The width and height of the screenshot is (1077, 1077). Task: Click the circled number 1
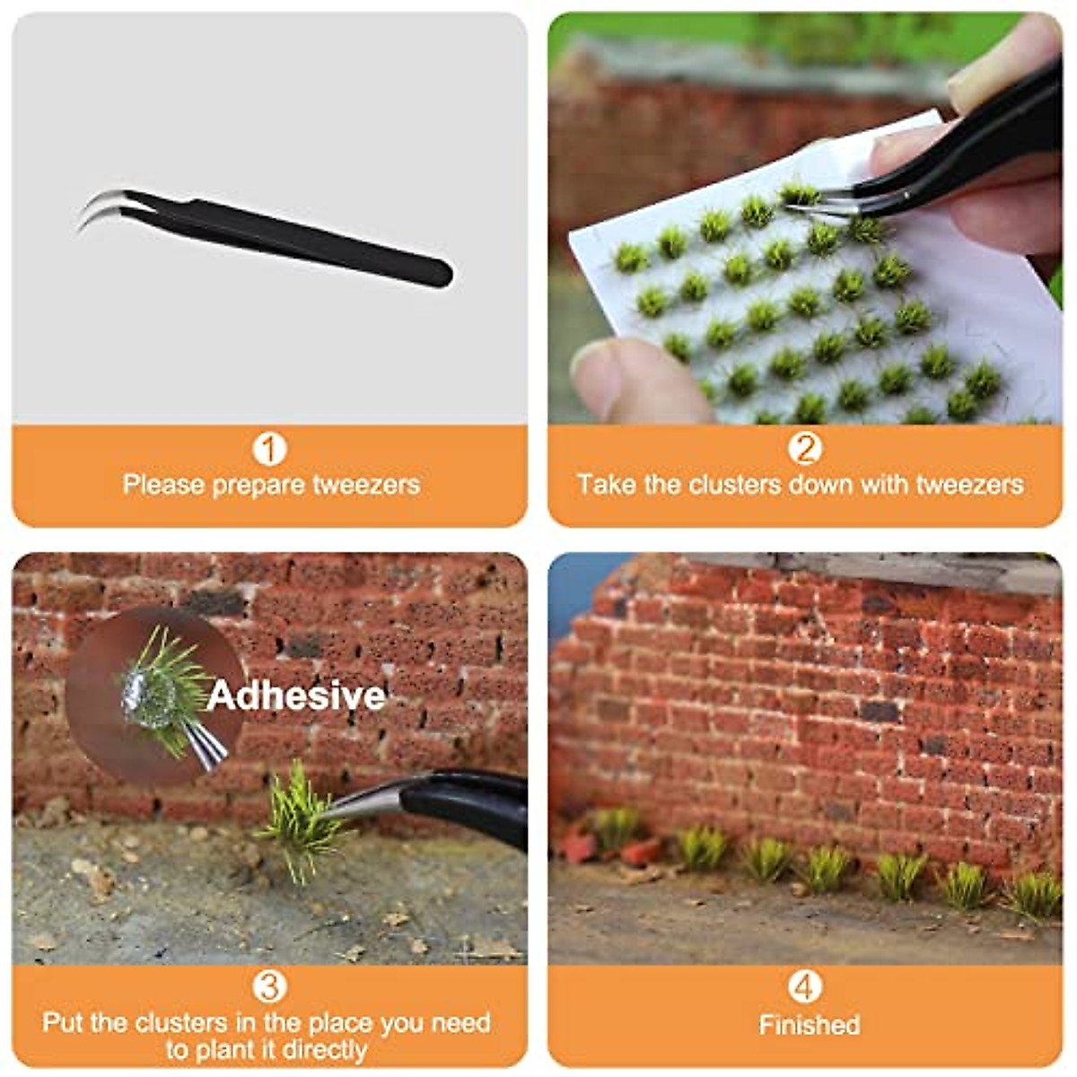tap(269, 449)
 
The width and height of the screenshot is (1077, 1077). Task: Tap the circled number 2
tap(804, 449)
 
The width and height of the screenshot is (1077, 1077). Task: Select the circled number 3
tap(269, 987)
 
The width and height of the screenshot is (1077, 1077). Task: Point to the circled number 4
tap(804, 987)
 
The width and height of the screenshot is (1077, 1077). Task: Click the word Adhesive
tap(296, 696)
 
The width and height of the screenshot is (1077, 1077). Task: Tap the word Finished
tap(809, 1025)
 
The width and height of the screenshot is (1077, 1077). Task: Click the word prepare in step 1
tap(259, 486)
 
